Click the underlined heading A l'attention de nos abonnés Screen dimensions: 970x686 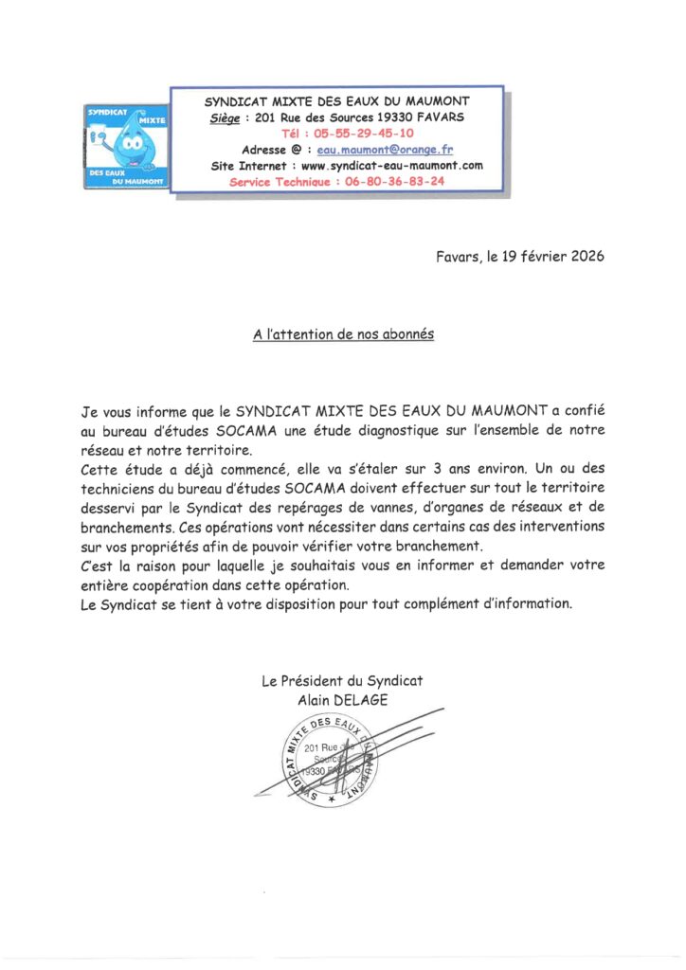[343, 335]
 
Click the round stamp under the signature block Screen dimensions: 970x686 [329, 762]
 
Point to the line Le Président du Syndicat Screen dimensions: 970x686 [342, 681]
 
